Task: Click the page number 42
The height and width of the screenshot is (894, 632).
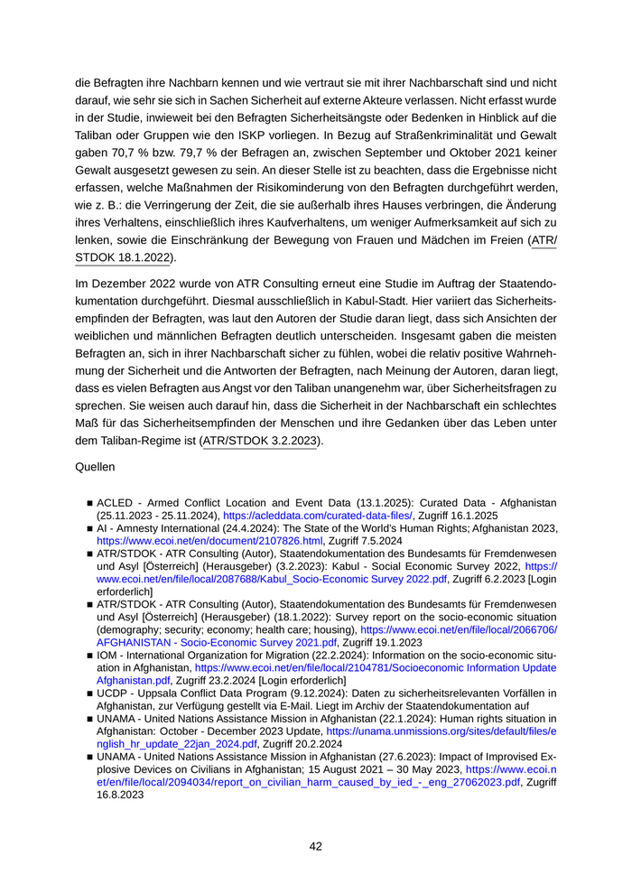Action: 316,846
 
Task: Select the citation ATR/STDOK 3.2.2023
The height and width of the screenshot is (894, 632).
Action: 261,442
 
